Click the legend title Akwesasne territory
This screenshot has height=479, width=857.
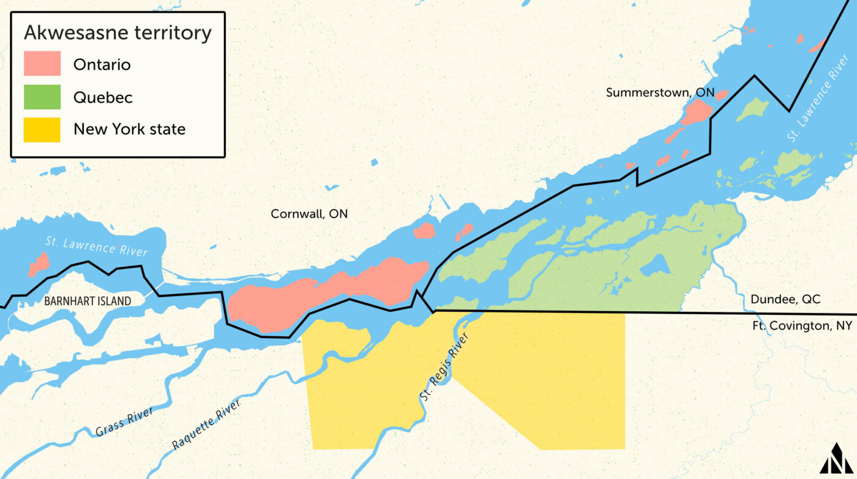pos(118,33)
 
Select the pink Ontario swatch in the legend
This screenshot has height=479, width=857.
pos(42,64)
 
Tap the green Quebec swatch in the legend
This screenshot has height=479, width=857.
pos(42,97)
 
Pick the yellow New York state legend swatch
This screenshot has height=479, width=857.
pos(42,129)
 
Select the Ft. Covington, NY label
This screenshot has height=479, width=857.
pos(802,326)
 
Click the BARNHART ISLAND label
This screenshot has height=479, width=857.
pos(88,301)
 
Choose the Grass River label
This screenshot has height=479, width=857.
pos(124,422)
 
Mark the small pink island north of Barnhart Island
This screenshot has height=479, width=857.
pos(39,265)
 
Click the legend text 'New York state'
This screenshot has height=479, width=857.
pos(129,129)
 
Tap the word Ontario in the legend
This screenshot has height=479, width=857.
pos(102,64)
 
